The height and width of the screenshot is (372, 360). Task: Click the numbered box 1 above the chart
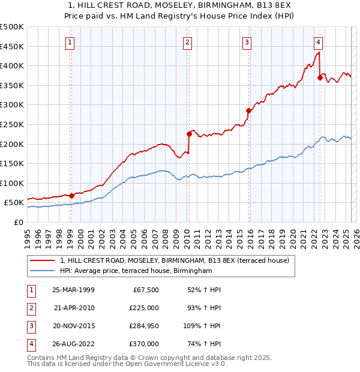tap(71, 42)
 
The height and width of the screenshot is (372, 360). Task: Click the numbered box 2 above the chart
tap(188, 42)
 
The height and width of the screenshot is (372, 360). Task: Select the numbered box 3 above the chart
tap(247, 42)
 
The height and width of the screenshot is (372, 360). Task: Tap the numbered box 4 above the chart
tap(318, 42)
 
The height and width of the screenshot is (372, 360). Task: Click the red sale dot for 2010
tap(188, 134)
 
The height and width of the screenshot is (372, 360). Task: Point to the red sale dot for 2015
tap(248, 110)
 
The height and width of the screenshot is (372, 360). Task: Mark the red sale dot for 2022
tap(320, 77)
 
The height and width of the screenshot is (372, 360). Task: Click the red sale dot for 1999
tap(71, 195)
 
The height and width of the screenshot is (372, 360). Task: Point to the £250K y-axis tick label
tap(12, 124)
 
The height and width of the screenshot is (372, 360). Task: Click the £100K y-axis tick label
tap(12, 183)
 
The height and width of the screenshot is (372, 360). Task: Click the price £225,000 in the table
tap(145, 308)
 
